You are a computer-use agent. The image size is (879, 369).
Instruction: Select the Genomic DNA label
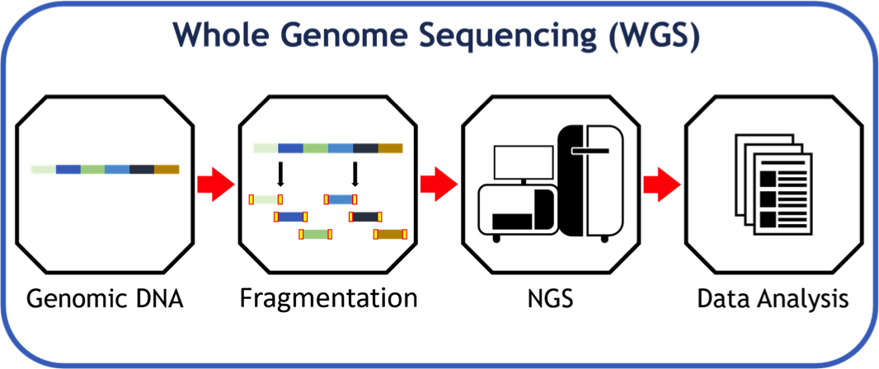pyautogui.click(x=105, y=298)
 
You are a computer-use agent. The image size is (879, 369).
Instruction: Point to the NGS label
pyautogui.click(x=550, y=298)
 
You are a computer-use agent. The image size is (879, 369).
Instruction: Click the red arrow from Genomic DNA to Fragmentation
pyautogui.click(x=215, y=184)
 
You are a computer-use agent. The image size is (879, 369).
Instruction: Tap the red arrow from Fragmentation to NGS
pyautogui.click(x=439, y=184)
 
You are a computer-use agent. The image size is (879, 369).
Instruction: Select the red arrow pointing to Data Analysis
pyautogui.click(x=661, y=184)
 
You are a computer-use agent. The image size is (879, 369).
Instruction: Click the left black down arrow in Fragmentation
pyautogui.click(x=280, y=174)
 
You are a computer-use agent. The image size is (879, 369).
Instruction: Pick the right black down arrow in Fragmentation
pyautogui.click(x=355, y=174)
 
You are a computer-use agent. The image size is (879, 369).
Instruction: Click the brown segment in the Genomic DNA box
pyautogui.click(x=167, y=169)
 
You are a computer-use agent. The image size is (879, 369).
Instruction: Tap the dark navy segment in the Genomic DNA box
pyautogui.click(x=142, y=169)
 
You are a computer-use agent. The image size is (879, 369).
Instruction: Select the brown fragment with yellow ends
pyautogui.click(x=389, y=234)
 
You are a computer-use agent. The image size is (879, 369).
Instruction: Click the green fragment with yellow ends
pyautogui.click(x=315, y=234)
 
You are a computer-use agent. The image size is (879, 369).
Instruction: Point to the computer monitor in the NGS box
pyautogui.click(x=523, y=164)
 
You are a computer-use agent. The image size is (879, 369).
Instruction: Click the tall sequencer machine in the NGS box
pyautogui.click(x=590, y=183)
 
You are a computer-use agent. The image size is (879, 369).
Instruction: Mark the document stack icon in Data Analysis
pyautogui.click(x=769, y=184)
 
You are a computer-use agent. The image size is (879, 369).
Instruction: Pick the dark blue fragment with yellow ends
pyautogui.click(x=290, y=217)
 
